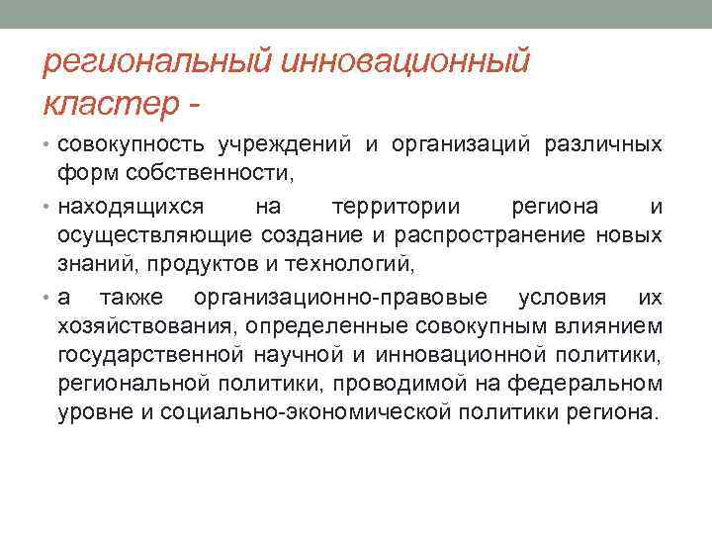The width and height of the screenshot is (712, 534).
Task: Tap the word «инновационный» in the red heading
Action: (406, 62)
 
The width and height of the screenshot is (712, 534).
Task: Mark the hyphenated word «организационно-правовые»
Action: (342, 298)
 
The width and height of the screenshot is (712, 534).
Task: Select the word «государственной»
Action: (150, 353)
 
